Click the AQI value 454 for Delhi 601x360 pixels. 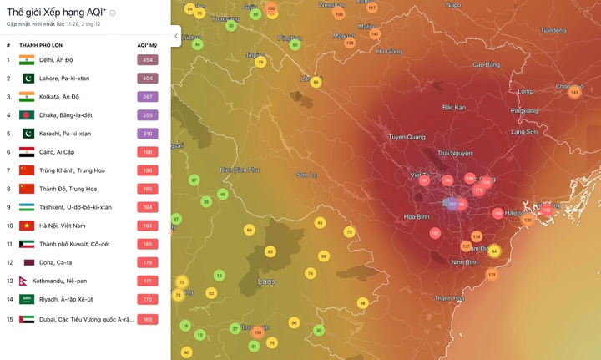147,60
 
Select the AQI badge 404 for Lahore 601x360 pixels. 147,79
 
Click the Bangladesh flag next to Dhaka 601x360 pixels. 27,115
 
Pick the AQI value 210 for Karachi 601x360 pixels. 147,134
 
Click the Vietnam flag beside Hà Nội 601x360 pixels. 27,226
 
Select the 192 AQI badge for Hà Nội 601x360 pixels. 147,226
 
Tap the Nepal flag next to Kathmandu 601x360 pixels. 23,281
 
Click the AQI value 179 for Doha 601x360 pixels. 147,262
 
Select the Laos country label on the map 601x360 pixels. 267,281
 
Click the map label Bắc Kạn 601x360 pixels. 454,108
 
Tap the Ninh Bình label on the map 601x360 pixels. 464,262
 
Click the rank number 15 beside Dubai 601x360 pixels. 9,319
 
